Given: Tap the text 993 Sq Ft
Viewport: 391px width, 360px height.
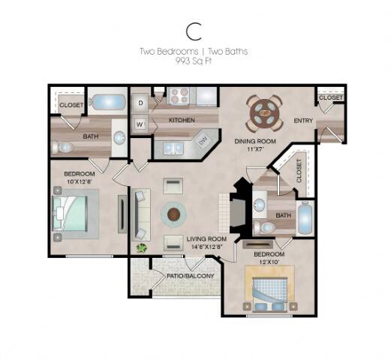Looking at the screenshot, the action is click(194, 61).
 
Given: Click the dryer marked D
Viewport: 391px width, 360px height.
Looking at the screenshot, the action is click(140, 103).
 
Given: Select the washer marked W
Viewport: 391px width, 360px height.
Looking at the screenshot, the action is click(140, 124).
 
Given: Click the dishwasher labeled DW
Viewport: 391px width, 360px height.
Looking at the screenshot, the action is click(203, 141).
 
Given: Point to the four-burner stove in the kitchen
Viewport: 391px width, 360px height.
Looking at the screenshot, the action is click(178, 96).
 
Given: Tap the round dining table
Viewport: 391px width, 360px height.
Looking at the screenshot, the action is click(264, 113).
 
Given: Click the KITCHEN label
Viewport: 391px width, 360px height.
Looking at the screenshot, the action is click(182, 120).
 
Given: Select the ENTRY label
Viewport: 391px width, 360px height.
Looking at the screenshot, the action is click(303, 121).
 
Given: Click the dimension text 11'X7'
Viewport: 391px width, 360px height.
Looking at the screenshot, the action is click(255, 149).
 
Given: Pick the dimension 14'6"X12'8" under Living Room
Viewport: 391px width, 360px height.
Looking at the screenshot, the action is click(207, 247).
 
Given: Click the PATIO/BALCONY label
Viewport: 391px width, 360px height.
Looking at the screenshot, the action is click(191, 276).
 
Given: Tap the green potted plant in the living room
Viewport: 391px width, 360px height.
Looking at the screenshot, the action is click(142, 247).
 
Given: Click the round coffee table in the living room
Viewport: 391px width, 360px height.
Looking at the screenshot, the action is click(173, 214).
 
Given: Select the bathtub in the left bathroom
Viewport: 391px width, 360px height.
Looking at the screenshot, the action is click(107, 102).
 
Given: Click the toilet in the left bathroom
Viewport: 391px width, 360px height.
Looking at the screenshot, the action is click(62, 147).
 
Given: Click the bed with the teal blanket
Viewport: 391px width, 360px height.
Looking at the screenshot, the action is click(71, 214).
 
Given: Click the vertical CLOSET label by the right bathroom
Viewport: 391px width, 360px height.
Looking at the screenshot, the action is click(299, 170).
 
